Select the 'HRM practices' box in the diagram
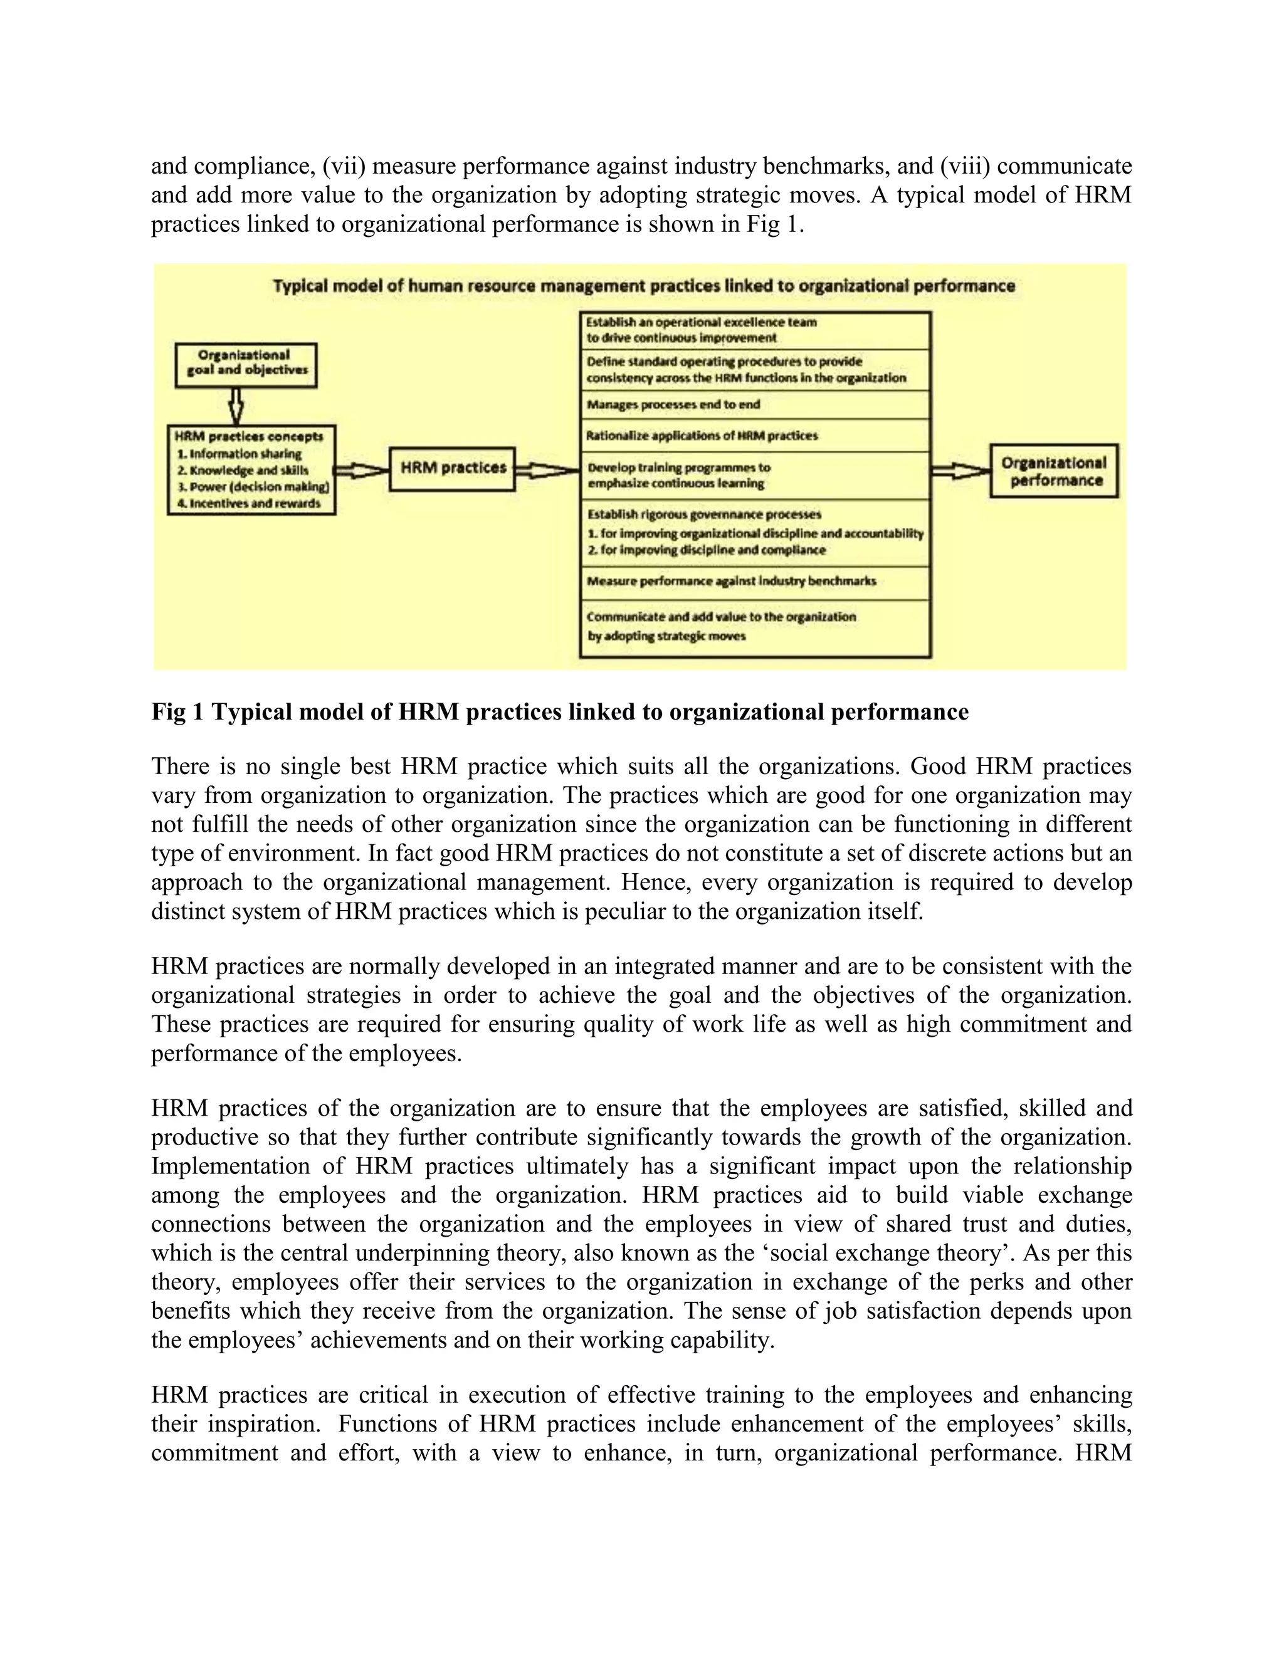453,468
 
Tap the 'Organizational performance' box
1053,471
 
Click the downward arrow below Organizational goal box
236,406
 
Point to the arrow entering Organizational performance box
960,471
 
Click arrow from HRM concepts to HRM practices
361,471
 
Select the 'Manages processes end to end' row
755,405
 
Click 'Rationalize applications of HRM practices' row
755,436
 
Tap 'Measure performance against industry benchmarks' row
755,581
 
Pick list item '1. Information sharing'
239,454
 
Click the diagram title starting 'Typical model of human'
643,286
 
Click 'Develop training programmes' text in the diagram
678,468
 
